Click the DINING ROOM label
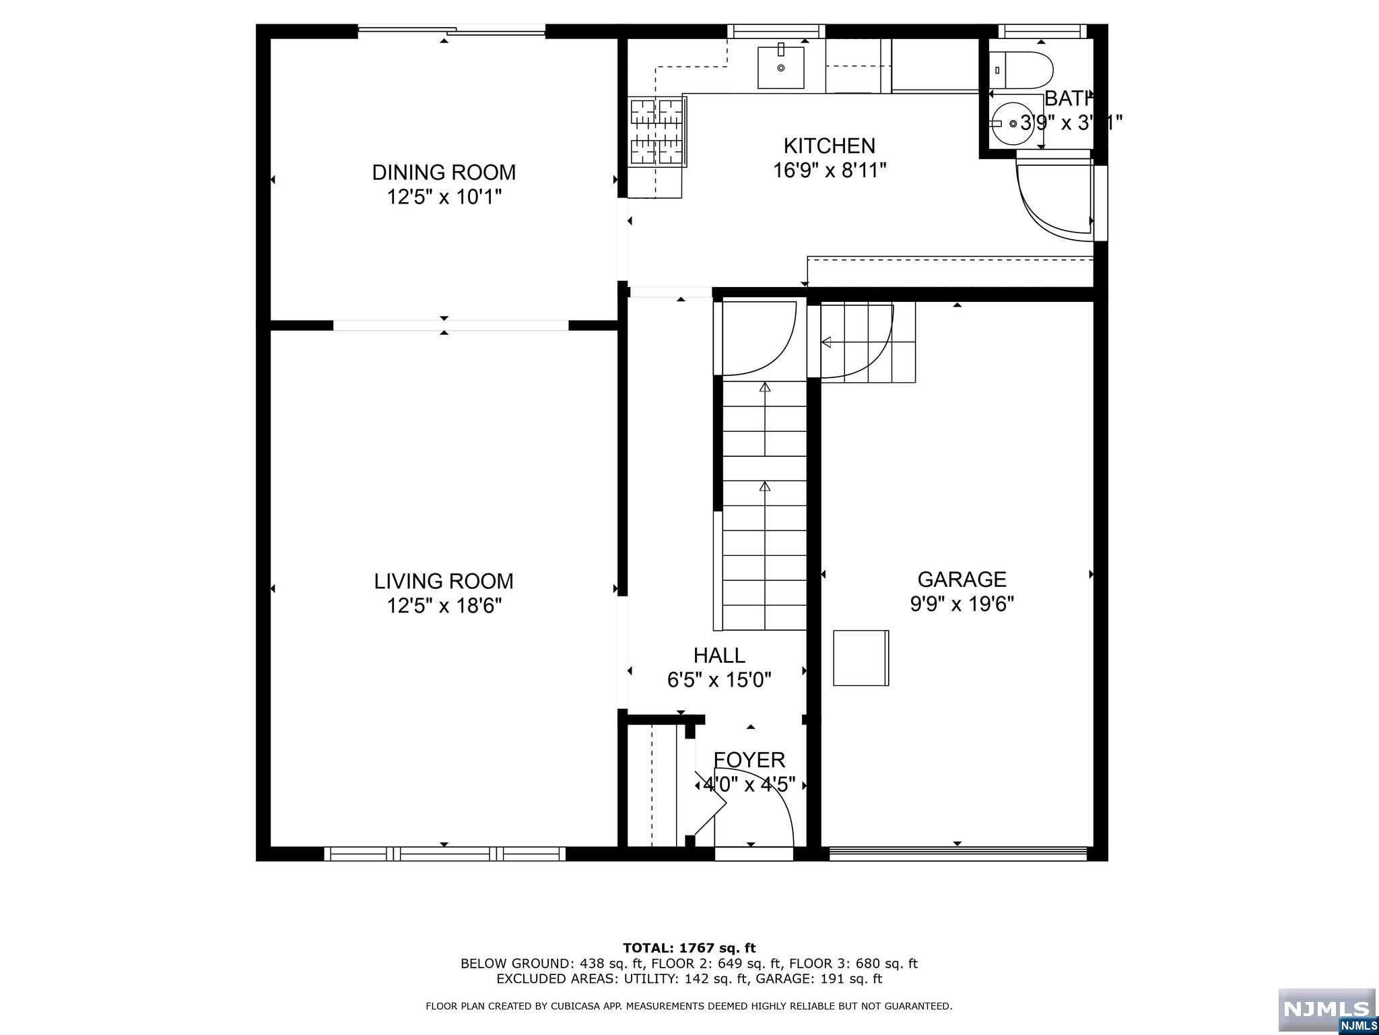click(x=444, y=172)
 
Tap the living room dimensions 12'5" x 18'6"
click(x=444, y=606)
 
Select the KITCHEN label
click(x=829, y=146)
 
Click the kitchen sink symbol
click(x=780, y=67)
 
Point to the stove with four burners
click(x=659, y=132)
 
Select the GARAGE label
click(x=962, y=579)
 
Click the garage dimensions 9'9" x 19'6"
click(x=962, y=604)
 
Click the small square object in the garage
click(x=861, y=658)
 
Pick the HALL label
click(x=719, y=655)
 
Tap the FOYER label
click(x=749, y=760)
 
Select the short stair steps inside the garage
click(x=869, y=342)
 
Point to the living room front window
click(x=444, y=854)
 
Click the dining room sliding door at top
click(x=451, y=30)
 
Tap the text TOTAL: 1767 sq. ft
click(x=689, y=948)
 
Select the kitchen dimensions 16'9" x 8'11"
click(x=829, y=170)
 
